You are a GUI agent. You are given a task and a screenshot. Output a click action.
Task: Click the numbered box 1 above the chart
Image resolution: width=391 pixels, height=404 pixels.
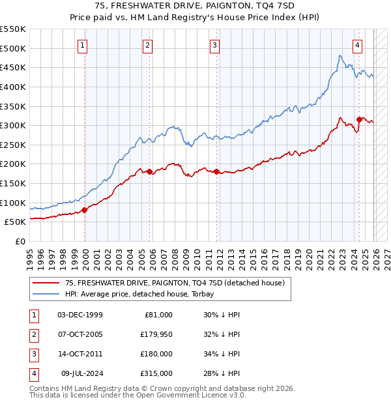(83, 45)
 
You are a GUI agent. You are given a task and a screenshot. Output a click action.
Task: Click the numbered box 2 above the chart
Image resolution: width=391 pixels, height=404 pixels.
(149, 45)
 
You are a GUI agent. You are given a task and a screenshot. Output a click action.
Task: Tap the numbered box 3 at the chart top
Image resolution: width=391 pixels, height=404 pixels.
(215, 45)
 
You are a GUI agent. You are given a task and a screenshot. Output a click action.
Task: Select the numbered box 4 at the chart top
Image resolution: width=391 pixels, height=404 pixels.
(358, 45)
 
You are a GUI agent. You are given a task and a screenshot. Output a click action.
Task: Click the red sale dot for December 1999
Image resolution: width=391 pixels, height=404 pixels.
(85, 210)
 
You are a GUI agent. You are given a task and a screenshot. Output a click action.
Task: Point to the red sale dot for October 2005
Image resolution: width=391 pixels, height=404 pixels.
(149, 172)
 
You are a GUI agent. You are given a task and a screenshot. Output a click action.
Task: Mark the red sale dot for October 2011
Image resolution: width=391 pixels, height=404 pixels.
(216, 172)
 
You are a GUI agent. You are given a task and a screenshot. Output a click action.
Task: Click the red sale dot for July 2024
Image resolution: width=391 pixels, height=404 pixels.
(359, 119)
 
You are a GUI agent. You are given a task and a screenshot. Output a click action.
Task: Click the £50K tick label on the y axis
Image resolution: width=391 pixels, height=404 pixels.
(16, 222)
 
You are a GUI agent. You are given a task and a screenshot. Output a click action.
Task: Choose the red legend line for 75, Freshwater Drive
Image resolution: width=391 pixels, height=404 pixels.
(46, 283)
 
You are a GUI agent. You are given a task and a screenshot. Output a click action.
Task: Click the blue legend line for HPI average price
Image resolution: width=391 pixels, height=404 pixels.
(46, 294)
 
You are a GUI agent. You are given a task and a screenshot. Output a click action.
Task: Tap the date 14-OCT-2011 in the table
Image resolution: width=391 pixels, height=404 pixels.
(80, 354)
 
